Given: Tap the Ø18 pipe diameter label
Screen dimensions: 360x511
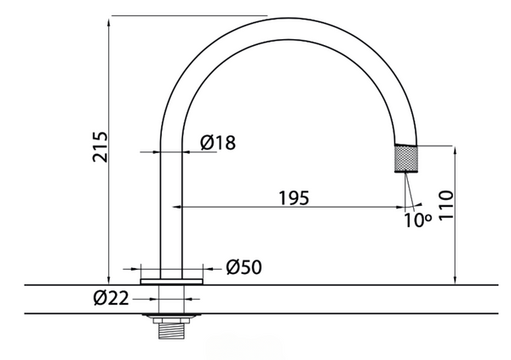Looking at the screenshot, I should [x=218, y=144].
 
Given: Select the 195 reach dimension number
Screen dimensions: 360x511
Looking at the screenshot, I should [x=293, y=197].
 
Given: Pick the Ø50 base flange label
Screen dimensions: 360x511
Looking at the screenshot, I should [x=244, y=267].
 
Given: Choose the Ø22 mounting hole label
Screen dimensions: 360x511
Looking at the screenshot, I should [x=111, y=298].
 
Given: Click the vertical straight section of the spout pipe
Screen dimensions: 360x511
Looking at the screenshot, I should [x=167, y=204].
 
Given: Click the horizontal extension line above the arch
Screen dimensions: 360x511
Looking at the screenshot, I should [x=187, y=15].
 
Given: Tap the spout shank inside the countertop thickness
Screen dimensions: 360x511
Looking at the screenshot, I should [x=173, y=299].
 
